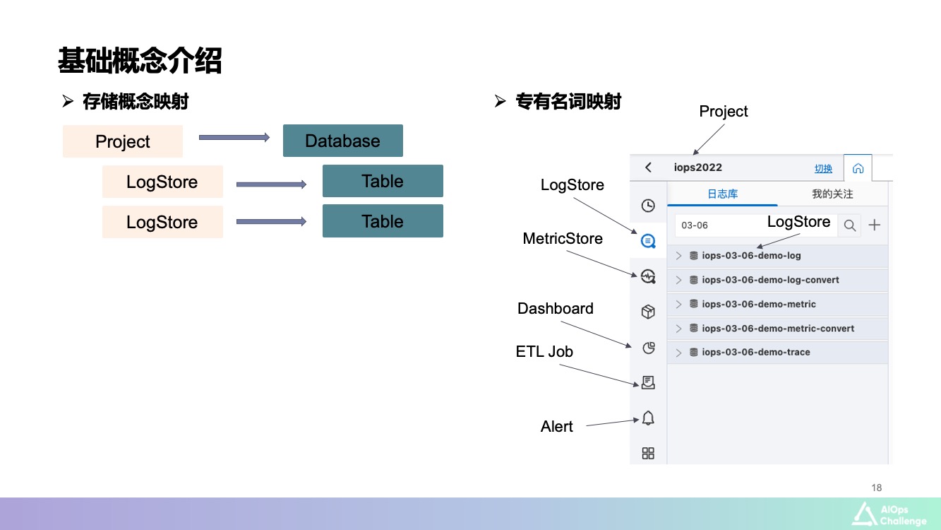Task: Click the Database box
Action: [342, 141]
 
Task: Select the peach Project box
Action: [123, 141]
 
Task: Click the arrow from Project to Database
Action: [234, 137]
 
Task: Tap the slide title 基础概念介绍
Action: [140, 61]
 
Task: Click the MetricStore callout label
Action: [563, 239]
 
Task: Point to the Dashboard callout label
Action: [556, 309]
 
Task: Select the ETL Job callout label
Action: [544, 352]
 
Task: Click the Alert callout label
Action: [557, 427]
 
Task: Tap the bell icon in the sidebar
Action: [648, 418]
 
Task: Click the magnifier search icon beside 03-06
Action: [850, 225]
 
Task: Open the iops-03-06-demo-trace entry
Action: [755, 353]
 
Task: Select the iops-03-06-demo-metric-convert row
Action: [778, 329]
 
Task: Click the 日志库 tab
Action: [722, 194]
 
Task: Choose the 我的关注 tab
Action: [832, 194]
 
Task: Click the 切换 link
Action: [823, 169]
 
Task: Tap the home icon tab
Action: [858, 169]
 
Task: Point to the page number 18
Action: [877, 488]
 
